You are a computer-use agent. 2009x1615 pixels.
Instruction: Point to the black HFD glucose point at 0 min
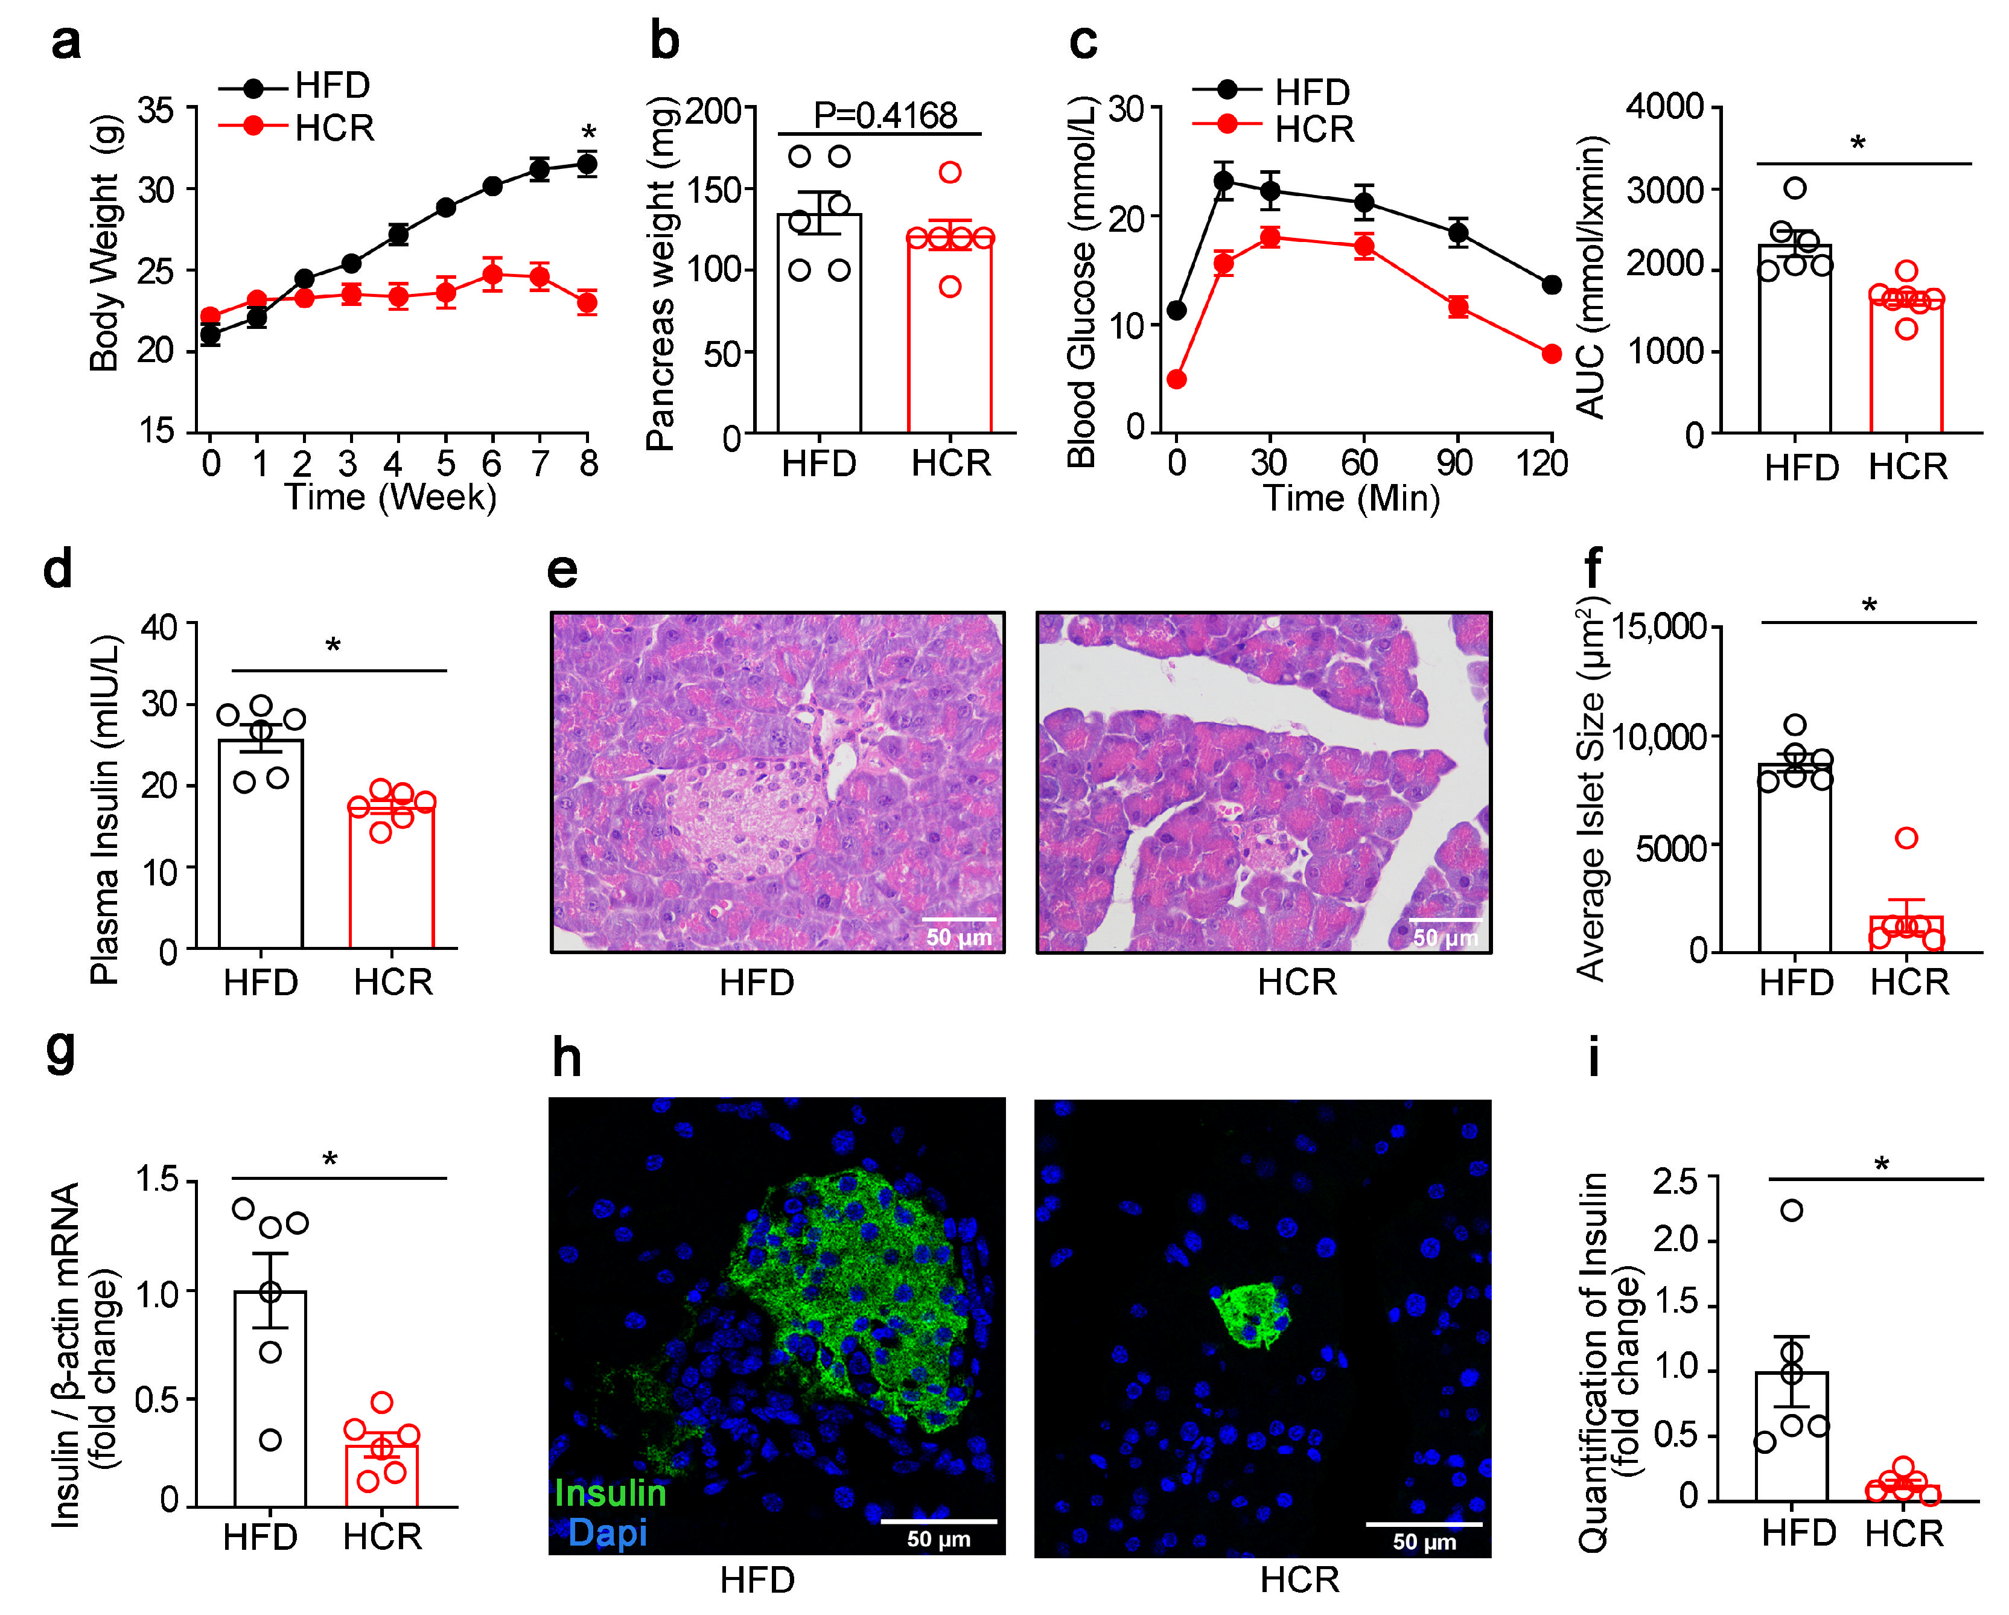tap(1176, 310)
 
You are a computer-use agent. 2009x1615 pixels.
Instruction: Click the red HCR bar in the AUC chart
tap(1906, 368)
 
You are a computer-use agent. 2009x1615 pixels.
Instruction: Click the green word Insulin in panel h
tap(610, 1493)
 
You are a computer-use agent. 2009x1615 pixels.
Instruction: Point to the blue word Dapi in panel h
tap(608, 1533)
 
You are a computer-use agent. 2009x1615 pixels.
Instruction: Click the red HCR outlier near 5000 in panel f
tap(1906, 838)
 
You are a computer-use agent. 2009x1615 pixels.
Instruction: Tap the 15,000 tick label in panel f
tap(1658, 627)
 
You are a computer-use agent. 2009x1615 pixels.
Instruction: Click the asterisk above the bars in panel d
tap(333, 646)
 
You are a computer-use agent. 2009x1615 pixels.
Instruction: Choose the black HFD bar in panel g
tap(270, 1398)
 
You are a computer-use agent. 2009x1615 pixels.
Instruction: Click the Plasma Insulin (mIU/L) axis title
tap(104, 809)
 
